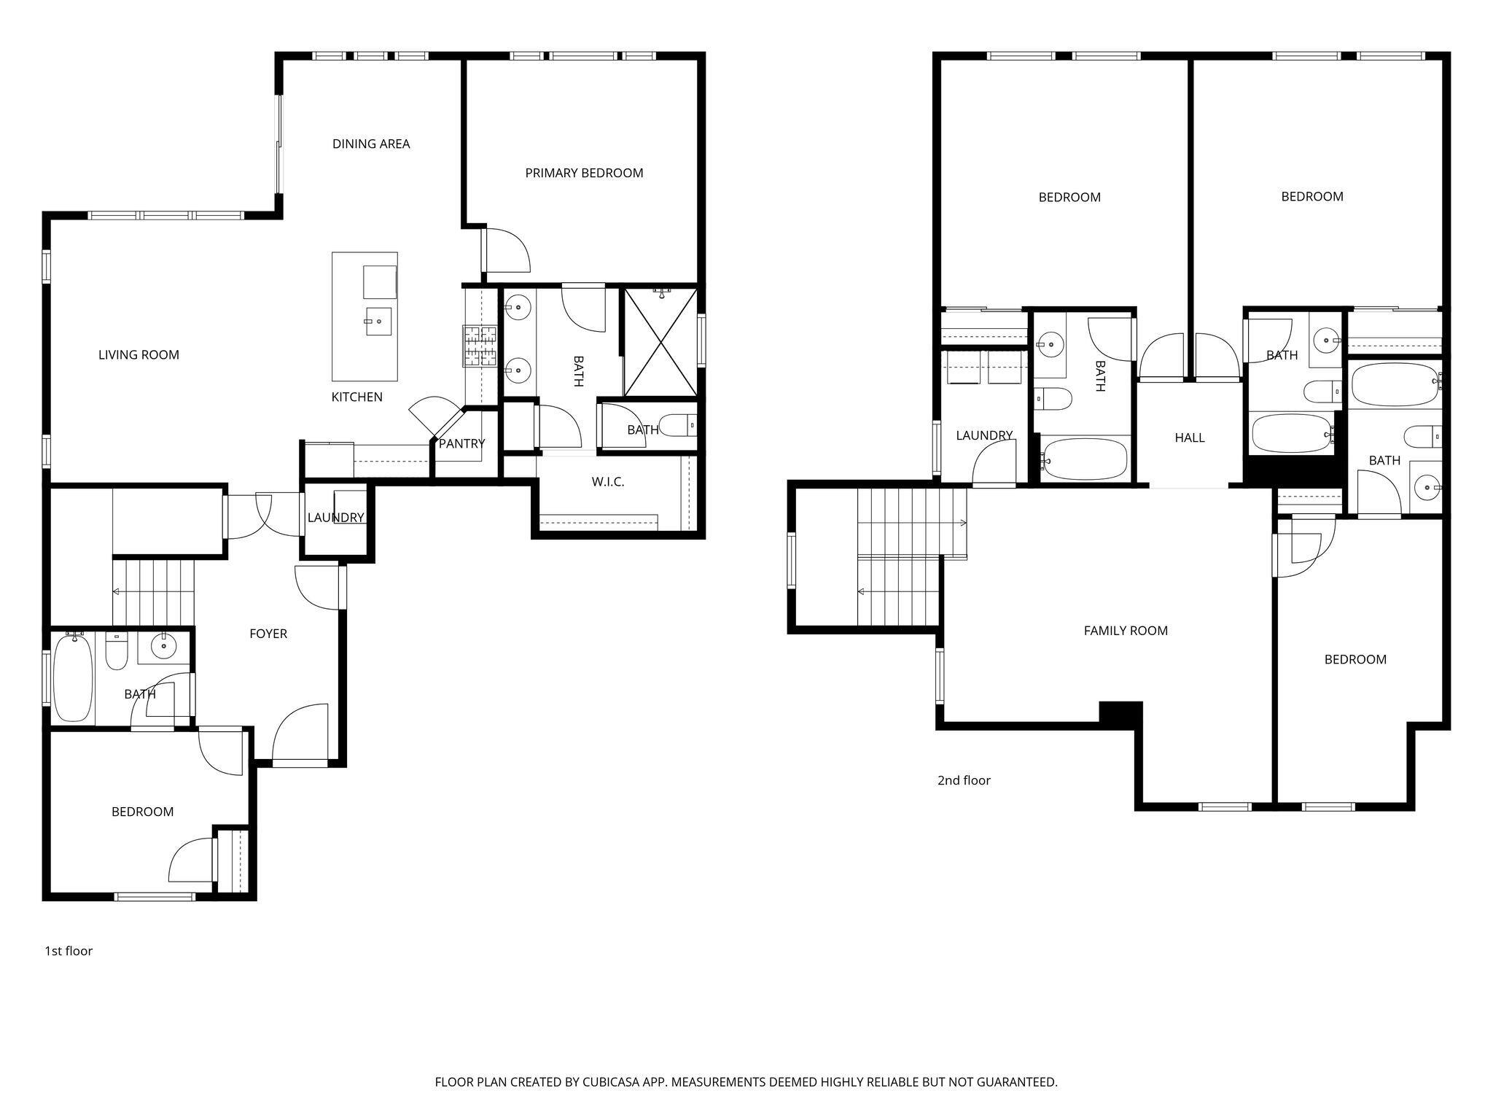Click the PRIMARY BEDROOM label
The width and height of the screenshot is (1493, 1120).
[x=584, y=173]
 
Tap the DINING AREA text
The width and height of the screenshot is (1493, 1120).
[x=371, y=144]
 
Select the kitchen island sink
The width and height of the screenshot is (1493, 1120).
[x=378, y=321]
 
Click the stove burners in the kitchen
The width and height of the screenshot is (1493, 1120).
[x=479, y=346]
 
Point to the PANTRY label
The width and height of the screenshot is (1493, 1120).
[x=461, y=443]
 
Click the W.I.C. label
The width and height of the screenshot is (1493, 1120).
[x=607, y=481]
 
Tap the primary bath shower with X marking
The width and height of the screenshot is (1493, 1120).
[x=660, y=343]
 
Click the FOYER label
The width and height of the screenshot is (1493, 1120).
[x=268, y=634]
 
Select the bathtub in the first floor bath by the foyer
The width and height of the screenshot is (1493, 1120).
[x=73, y=677]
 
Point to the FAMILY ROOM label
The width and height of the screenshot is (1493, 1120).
[x=1126, y=631]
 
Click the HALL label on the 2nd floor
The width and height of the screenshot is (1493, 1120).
[x=1189, y=437]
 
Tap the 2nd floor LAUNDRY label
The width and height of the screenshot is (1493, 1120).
[x=984, y=435]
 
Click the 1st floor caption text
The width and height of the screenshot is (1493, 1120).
[x=69, y=951]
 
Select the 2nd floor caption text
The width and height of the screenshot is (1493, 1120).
[x=964, y=780]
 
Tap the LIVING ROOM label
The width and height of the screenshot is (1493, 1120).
[x=139, y=355]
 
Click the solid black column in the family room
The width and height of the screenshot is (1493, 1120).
[x=1120, y=713]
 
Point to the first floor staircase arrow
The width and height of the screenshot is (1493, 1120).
[x=117, y=591]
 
